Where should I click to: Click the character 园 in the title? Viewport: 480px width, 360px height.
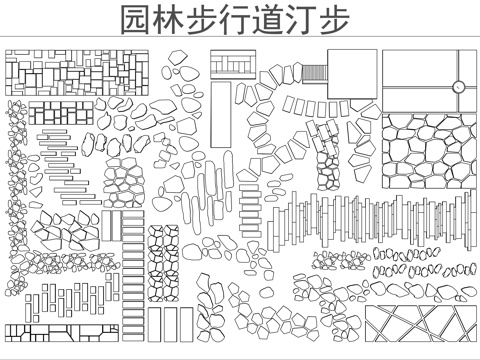click(135, 21)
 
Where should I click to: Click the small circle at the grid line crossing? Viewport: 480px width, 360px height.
click(458, 87)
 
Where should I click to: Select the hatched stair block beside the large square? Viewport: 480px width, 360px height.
click(315, 75)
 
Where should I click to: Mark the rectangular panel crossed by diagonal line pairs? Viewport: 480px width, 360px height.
click(420, 324)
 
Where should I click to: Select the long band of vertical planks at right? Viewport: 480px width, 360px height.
click(380, 220)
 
